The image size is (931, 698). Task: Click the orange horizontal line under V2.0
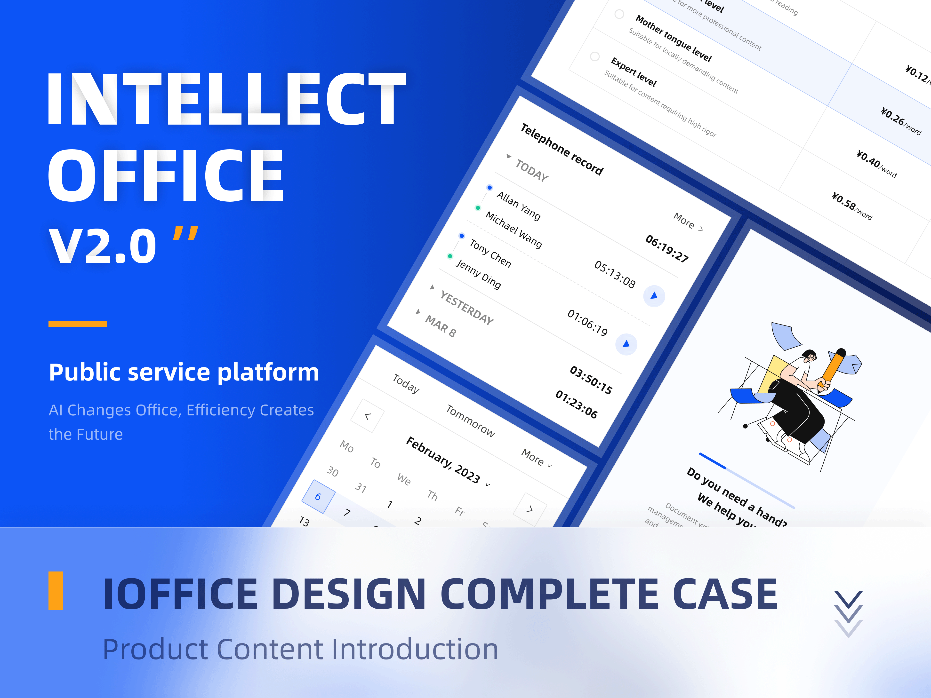(77, 324)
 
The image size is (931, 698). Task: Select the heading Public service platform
(184, 372)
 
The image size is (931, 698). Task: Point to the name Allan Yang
(519, 205)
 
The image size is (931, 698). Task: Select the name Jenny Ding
(479, 274)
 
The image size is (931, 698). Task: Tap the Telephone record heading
(562, 149)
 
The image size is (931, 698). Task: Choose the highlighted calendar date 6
(318, 496)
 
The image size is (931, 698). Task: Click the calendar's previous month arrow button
(368, 416)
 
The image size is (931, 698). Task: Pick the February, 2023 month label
(443, 460)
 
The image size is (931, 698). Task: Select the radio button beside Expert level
(595, 56)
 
